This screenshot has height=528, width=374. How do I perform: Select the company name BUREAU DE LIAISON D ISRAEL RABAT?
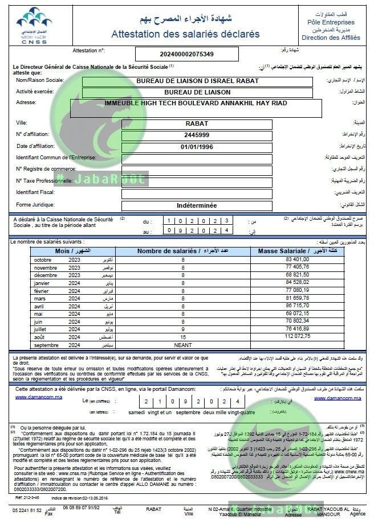197,81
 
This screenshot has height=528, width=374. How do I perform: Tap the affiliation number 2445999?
197,134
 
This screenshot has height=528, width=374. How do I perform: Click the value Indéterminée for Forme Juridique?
197,205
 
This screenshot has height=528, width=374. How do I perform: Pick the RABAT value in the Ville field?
197,123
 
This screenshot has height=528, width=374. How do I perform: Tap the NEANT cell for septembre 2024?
183,345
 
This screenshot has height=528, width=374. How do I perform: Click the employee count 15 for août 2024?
183,337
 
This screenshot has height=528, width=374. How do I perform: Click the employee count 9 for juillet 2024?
183,329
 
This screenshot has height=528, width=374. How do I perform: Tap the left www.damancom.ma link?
39,397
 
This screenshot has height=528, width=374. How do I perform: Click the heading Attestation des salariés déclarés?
185,34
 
